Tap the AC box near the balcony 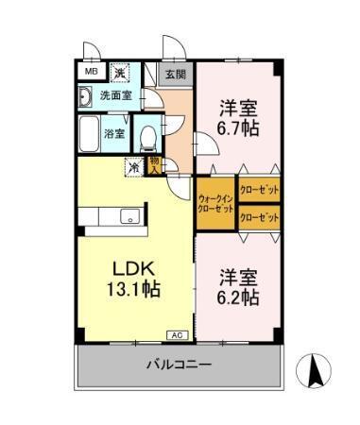(177, 335)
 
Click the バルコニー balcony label (178, 365)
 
